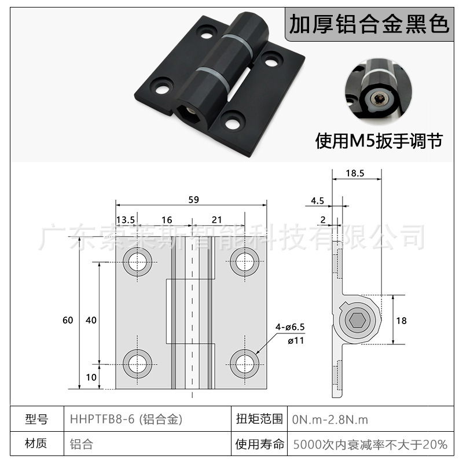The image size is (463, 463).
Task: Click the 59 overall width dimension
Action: [193, 200]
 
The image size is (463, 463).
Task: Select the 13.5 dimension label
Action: [126, 219]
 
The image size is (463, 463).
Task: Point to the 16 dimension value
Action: [167, 219]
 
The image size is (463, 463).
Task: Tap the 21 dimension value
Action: [217, 219]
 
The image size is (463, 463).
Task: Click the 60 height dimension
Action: [68, 320]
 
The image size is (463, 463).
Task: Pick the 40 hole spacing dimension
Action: [90, 320]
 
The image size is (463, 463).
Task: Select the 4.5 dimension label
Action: [317, 201]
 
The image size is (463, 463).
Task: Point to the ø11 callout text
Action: [296, 340]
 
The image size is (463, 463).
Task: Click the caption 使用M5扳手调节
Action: [379, 141]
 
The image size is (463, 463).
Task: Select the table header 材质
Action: [36, 444]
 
